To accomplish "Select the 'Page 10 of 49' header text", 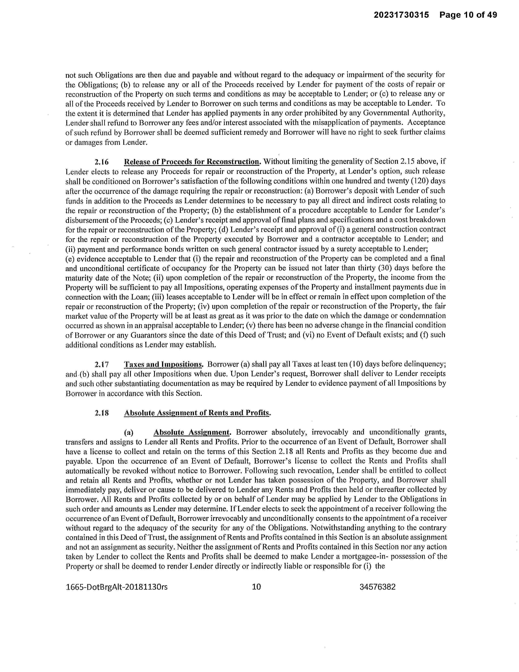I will tap(468, 15).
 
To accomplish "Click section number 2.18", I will tap(102, 413).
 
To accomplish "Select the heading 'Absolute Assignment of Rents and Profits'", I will tap(197, 413).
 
